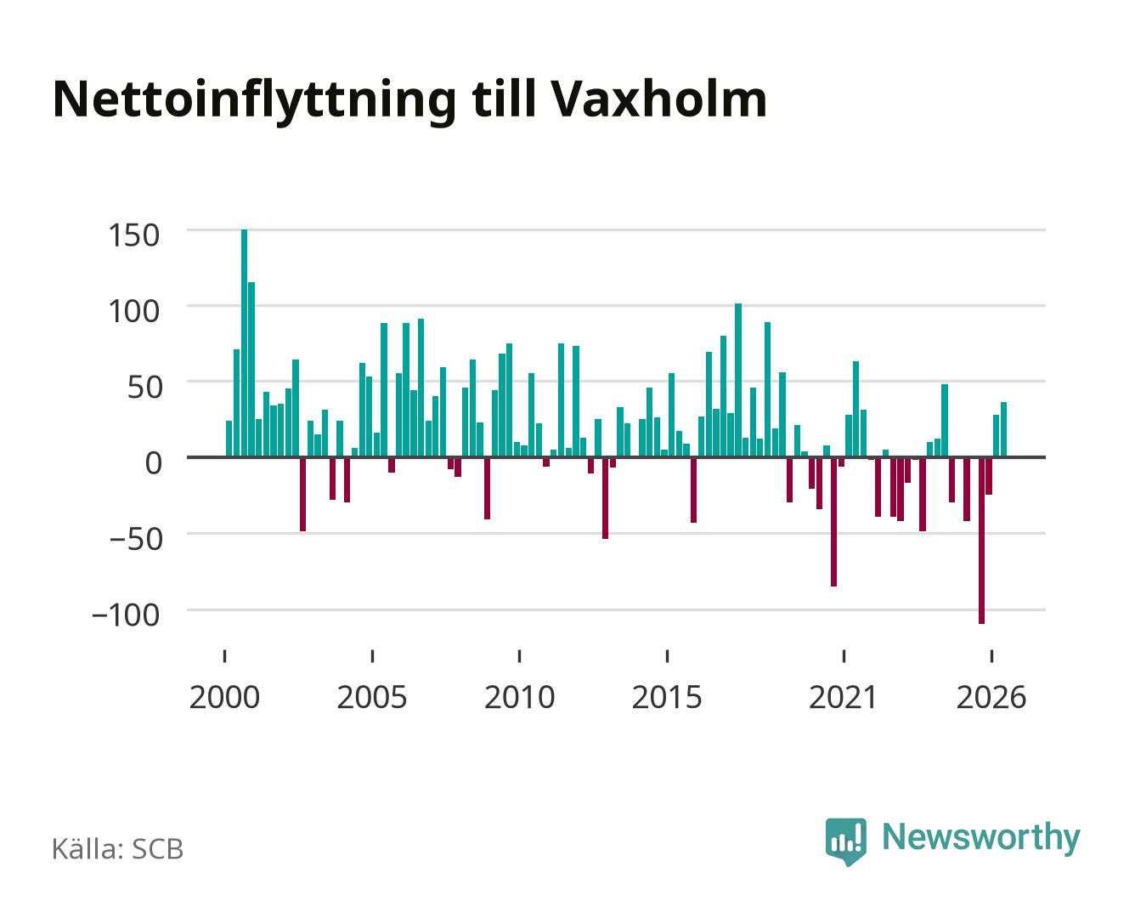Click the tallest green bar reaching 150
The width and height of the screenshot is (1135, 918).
244,343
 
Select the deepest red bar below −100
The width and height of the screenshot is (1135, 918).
981,540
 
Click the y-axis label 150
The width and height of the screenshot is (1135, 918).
133,235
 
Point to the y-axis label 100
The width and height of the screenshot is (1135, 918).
133,311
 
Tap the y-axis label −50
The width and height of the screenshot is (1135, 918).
135,540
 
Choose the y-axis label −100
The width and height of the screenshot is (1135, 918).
127,615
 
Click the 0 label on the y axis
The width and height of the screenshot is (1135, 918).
154,462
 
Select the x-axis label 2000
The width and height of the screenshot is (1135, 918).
224,697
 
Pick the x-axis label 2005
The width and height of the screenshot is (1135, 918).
372,697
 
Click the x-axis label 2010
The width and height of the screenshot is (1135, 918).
520,697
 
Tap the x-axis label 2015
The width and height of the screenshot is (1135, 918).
667,697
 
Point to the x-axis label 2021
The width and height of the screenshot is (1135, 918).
843,697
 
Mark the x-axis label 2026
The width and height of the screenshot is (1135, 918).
991,697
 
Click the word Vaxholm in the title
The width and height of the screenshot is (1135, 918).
658,99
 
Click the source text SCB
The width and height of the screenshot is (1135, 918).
158,849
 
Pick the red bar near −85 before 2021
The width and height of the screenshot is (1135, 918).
834,521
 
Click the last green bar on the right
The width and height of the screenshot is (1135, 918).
1004,430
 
